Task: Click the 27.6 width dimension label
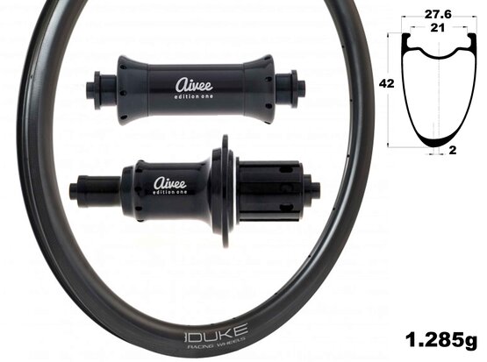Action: (438, 14)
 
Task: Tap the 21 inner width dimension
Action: (437, 28)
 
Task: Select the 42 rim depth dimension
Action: (387, 84)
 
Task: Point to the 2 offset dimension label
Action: (453, 150)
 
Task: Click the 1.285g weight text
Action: (441, 340)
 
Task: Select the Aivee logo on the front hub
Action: (194, 85)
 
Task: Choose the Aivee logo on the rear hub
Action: (170, 183)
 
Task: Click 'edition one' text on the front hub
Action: (194, 96)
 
